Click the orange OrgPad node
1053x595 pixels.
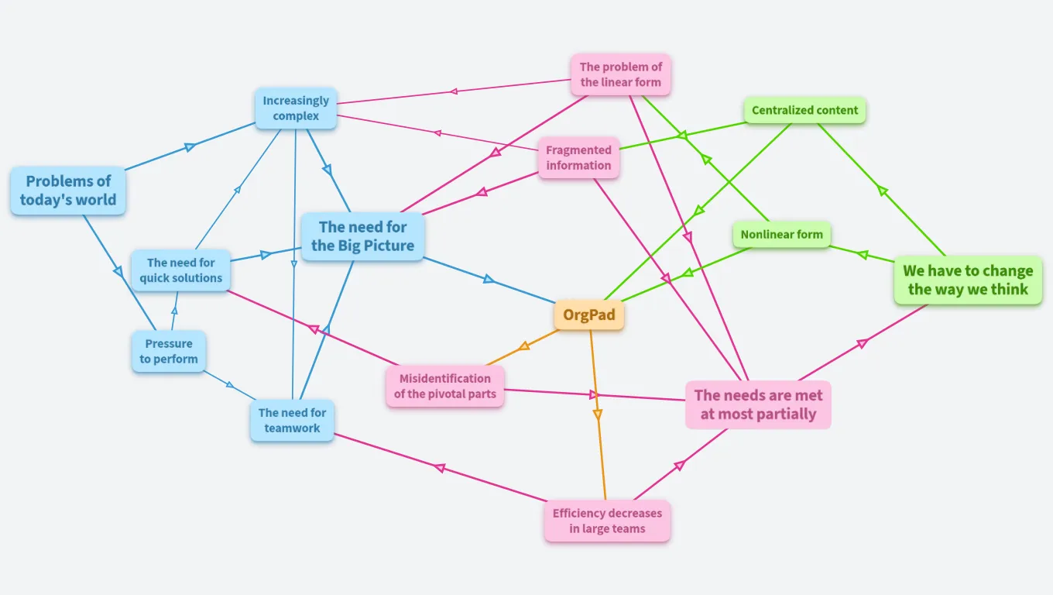[588, 315]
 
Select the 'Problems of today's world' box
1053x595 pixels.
[68, 191]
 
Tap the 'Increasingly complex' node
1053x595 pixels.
[296, 108]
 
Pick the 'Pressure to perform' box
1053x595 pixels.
[169, 352]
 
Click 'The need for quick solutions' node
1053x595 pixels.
[180, 270]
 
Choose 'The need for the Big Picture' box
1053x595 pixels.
[362, 236]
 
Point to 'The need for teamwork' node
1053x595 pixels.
[292, 421]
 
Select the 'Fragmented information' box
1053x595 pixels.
[578, 158]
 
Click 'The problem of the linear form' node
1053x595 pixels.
[620, 74]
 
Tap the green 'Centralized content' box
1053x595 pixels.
[804, 110]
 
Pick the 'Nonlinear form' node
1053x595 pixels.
[781, 235]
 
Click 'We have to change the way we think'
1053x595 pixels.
[968, 280]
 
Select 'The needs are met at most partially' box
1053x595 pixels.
[758, 404]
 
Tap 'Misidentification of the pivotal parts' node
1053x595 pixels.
[444, 387]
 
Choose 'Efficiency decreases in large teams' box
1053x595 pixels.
[607, 521]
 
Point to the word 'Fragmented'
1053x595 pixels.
[578, 150]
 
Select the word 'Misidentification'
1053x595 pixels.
[444, 379]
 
